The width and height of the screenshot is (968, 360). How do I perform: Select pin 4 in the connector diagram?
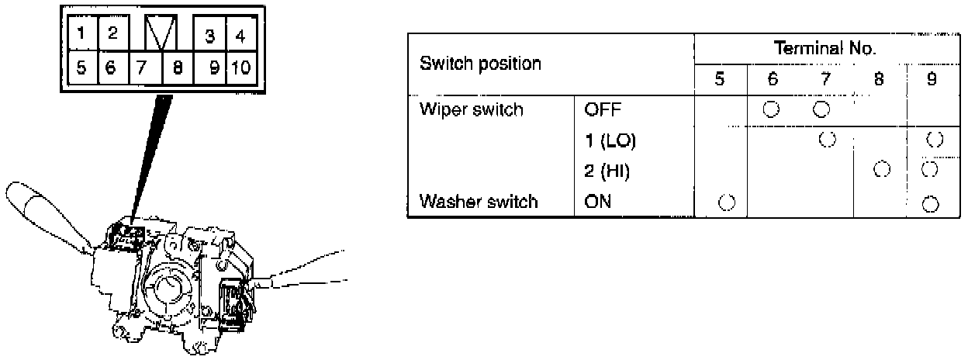[x=241, y=36]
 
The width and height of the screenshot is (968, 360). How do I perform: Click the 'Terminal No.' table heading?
[x=826, y=49]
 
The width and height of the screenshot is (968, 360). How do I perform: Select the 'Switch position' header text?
[x=480, y=64]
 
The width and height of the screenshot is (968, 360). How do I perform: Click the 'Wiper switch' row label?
[x=472, y=110]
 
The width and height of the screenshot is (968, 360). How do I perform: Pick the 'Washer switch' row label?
[x=478, y=202]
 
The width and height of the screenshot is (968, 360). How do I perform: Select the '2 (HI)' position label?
[x=607, y=172]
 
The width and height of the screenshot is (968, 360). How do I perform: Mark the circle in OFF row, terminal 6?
[x=770, y=109]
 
